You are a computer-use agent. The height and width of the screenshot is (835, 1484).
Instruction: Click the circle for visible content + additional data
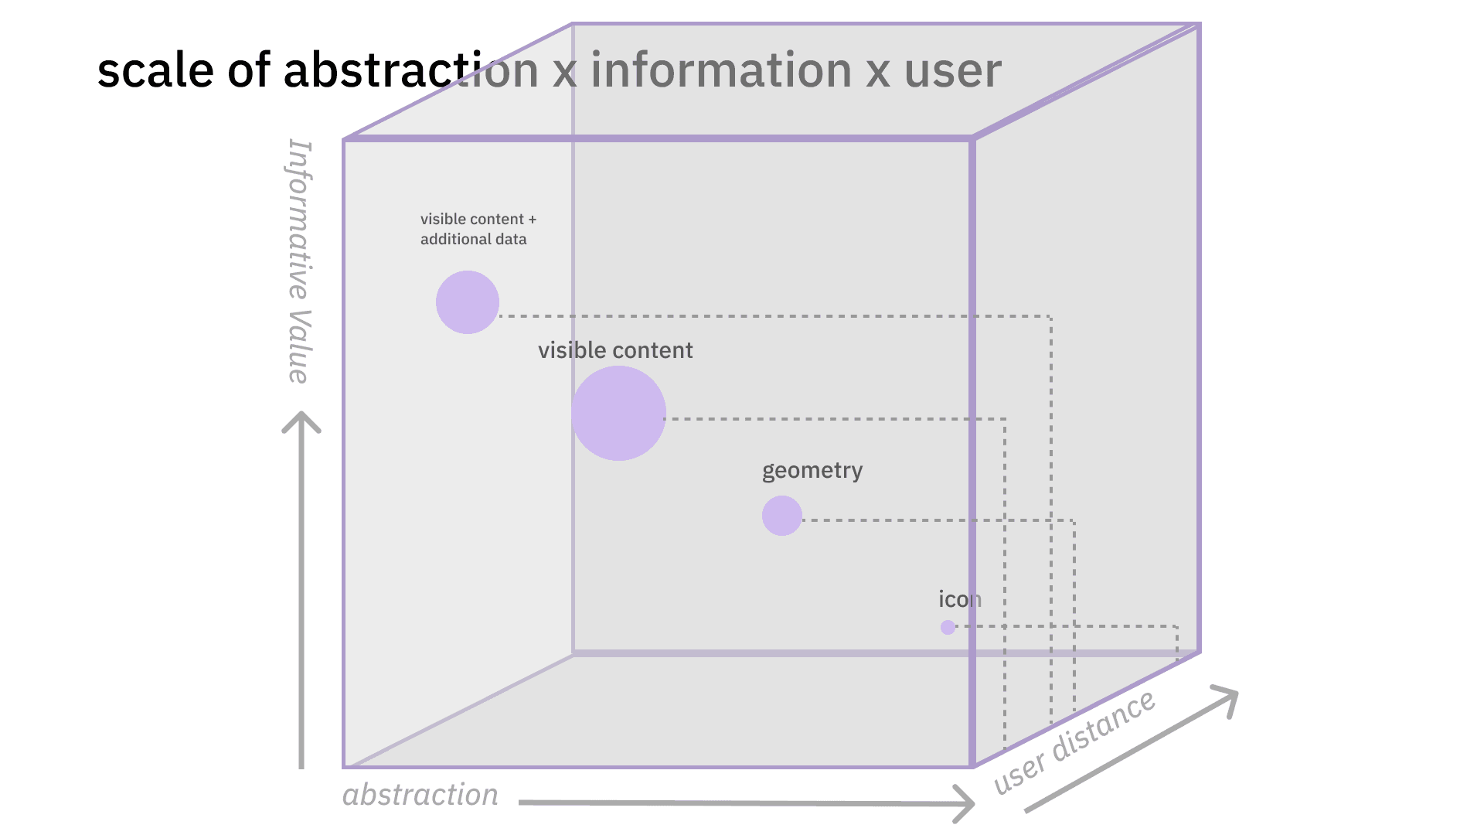(468, 302)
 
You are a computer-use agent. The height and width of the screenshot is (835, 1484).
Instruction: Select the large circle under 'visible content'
(618, 414)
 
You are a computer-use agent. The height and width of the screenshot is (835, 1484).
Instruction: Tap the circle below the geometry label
(782, 516)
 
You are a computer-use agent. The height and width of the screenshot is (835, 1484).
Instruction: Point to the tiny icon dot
(948, 627)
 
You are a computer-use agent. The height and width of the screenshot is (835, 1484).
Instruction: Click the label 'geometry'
(812, 471)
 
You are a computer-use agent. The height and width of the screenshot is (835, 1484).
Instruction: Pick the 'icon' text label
(960, 599)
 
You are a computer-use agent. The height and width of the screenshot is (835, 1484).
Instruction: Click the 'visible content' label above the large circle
(615, 350)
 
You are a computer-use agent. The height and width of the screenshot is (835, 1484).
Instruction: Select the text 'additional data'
(473, 240)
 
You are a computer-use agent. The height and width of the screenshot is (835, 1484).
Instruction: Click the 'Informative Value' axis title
(300, 261)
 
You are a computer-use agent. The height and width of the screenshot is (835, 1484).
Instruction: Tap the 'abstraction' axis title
(420, 795)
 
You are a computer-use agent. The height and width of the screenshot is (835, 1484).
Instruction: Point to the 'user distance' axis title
(1074, 742)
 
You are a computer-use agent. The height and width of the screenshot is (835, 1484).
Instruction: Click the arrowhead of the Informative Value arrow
(301, 420)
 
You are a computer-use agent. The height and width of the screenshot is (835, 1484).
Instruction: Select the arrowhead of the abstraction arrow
(966, 803)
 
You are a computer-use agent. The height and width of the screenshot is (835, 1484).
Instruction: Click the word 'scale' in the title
(155, 70)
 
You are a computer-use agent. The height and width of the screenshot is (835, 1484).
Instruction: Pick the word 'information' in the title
(720, 70)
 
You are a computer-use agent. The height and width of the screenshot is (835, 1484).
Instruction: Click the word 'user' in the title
(952, 70)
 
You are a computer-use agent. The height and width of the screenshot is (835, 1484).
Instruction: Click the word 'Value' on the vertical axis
(299, 346)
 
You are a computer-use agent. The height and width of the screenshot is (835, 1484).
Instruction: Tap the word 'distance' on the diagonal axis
(1104, 725)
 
